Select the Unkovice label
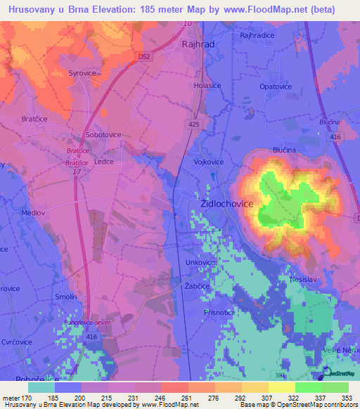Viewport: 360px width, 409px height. click(200, 262)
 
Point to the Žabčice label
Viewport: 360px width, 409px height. click(198, 287)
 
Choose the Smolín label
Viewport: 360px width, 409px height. click(66, 297)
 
